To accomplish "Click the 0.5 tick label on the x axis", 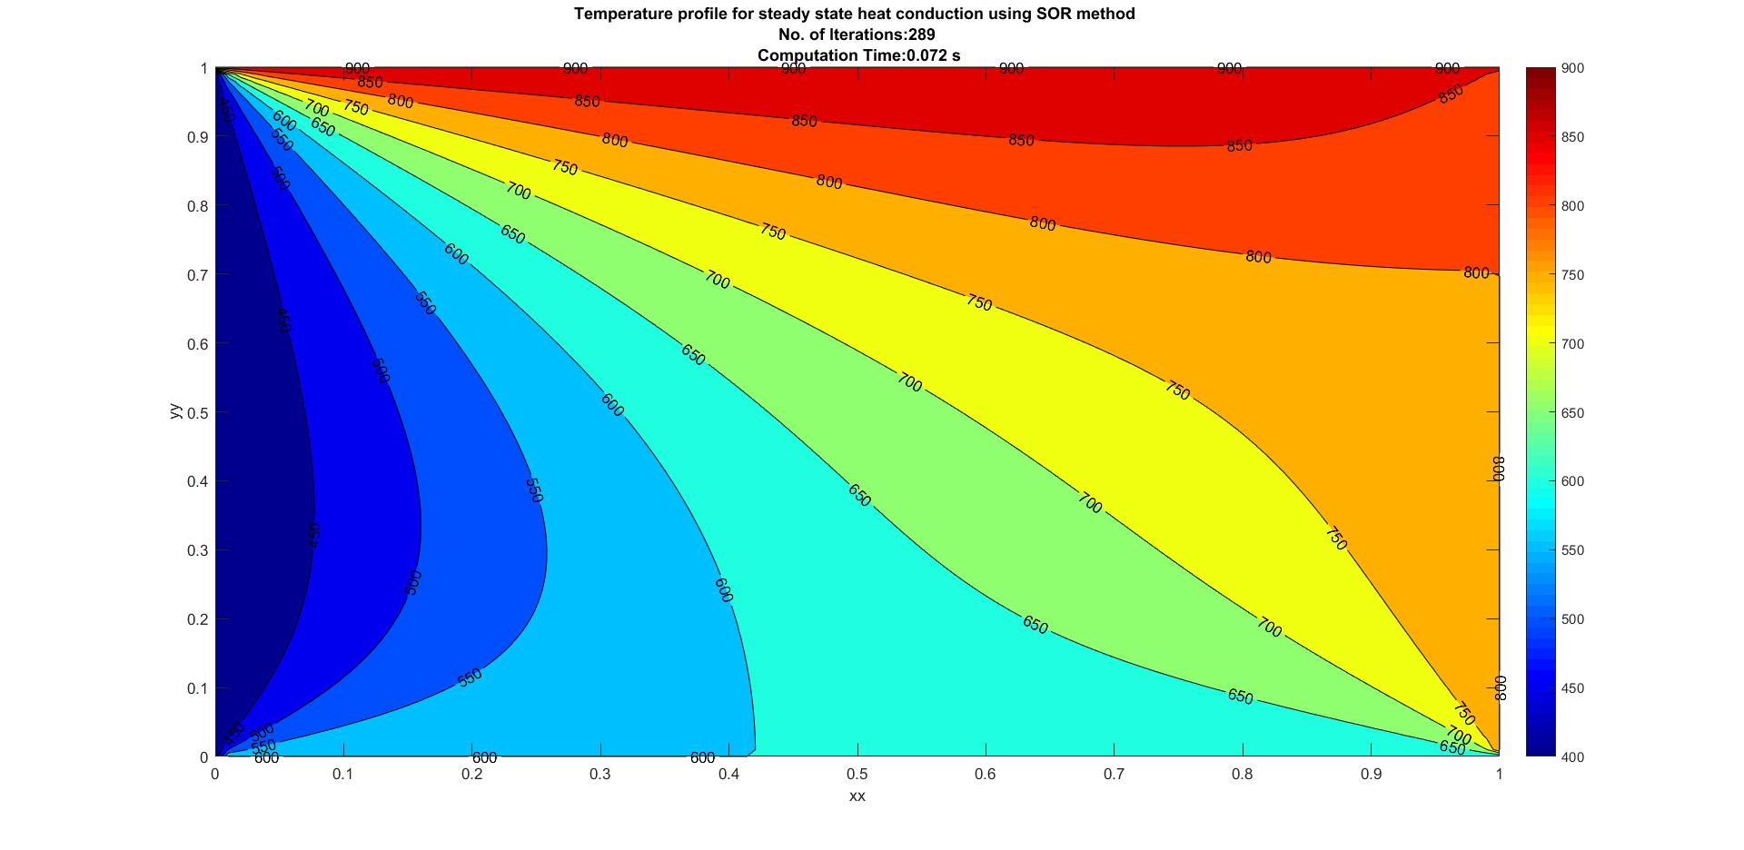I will (x=857, y=775).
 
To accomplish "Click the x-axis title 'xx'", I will (x=857, y=796).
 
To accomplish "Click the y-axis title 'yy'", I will (x=175, y=412).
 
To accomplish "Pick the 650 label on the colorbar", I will (x=1573, y=413).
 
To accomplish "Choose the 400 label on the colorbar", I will (x=1573, y=757).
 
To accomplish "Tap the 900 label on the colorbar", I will (x=1573, y=69).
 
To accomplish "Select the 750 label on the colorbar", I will (x=1573, y=275).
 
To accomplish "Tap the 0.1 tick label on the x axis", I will (x=343, y=775).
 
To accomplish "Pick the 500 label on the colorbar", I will (x=1573, y=619).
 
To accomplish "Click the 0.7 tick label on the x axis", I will (x=1115, y=775).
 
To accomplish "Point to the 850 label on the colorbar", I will (x=1573, y=138).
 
